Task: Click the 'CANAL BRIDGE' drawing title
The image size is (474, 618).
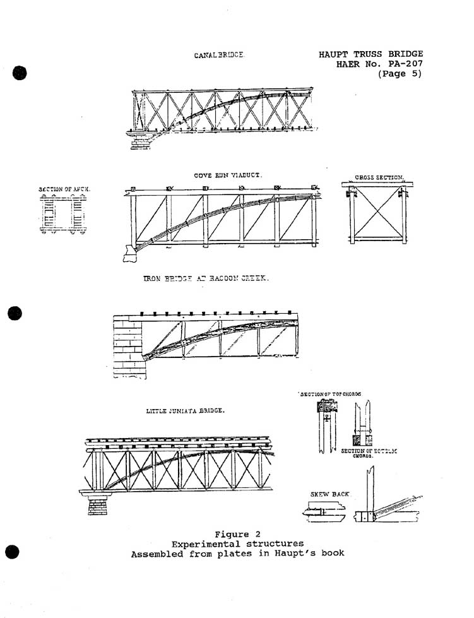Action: (x=219, y=56)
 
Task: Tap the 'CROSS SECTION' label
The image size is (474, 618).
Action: (x=379, y=178)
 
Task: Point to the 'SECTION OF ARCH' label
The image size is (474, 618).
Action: (x=64, y=189)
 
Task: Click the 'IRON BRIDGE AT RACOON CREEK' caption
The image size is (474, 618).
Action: (x=206, y=278)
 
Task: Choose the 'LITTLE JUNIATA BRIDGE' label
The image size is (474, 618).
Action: (x=186, y=411)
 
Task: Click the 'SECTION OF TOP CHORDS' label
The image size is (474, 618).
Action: (x=331, y=394)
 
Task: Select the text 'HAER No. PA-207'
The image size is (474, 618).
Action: (x=379, y=64)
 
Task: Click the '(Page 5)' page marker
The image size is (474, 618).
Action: (x=400, y=74)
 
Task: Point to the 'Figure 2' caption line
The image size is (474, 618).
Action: (x=237, y=535)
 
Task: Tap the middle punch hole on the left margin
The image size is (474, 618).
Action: (x=16, y=313)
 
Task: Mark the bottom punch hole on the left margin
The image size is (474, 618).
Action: (x=15, y=552)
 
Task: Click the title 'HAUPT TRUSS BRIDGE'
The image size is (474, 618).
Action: (x=371, y=54)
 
